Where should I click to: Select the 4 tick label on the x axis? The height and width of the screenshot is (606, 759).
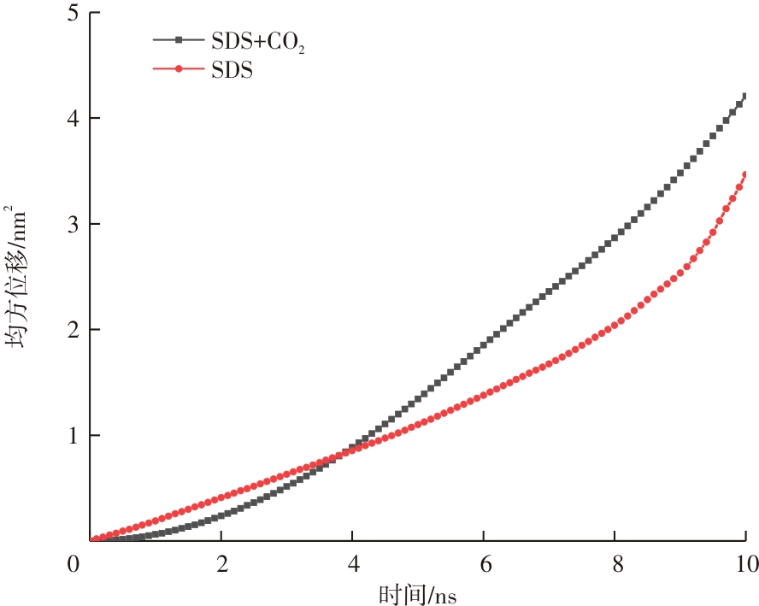[x=352, y=564]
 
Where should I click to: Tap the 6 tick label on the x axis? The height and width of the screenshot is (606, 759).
[x=484, y=564]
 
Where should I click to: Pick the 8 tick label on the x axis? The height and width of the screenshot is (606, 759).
[x=615, y=564]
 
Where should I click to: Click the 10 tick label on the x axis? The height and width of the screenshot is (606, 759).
[x=746, y=564]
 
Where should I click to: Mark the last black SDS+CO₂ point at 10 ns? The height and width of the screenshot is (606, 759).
[x=745, y=97]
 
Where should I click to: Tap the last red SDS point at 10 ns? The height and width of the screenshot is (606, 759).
[x=745, y=175]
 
